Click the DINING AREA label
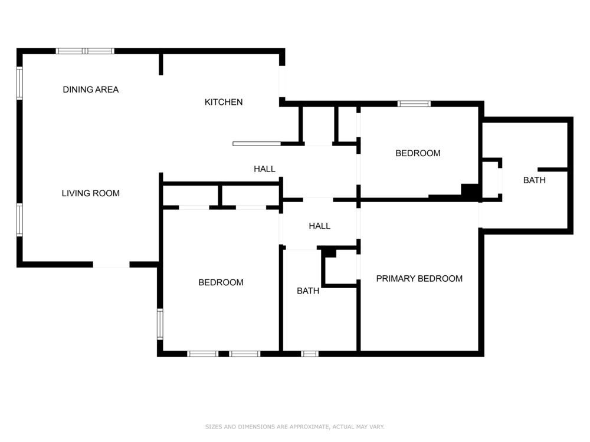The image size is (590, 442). (x=91, y=90)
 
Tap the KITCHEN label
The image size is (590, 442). (x=224, y=102)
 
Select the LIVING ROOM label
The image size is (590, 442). (x=91, y=193)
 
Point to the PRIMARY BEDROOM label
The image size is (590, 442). (x=419, y=279)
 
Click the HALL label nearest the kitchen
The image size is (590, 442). (x=264, y=169)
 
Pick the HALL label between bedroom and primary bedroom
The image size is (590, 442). (x=319, y=226)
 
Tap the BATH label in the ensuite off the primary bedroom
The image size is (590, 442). (x=535, y=180)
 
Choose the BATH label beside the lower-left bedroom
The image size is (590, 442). (x=308, y=291)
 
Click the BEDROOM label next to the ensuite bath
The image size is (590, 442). (x=418, y=153)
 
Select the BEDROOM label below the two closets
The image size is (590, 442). (x=221, y=282)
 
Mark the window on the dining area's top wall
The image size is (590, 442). (x=85, y=51)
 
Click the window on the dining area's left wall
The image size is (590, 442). (x=19, y=83)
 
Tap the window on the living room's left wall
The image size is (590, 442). (x=19, y=220)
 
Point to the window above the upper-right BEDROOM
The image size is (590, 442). (x=414, y=104)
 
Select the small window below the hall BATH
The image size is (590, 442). (x=310, y=354)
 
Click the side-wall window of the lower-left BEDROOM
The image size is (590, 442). (x=160, y=324)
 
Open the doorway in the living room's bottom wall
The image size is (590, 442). (x=112, y=265)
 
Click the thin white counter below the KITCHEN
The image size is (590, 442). (x=257, y=144)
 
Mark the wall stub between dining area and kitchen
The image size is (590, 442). (x=160, y=64)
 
